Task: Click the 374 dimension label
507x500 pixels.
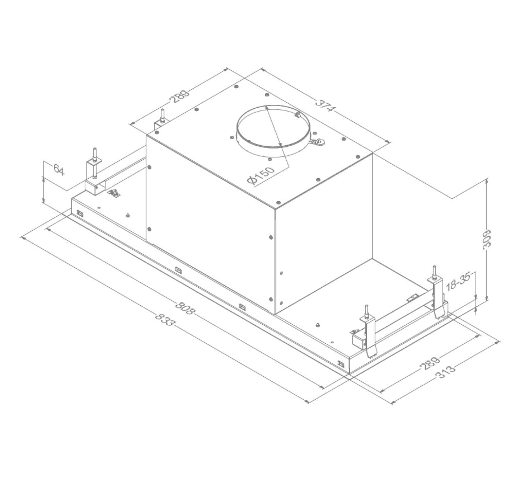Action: pos(325,106)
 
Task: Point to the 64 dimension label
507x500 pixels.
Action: pos(59,170)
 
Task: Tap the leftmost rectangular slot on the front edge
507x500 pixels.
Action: pos(79,212)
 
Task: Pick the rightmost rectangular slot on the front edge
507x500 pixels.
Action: pos(341,364)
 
